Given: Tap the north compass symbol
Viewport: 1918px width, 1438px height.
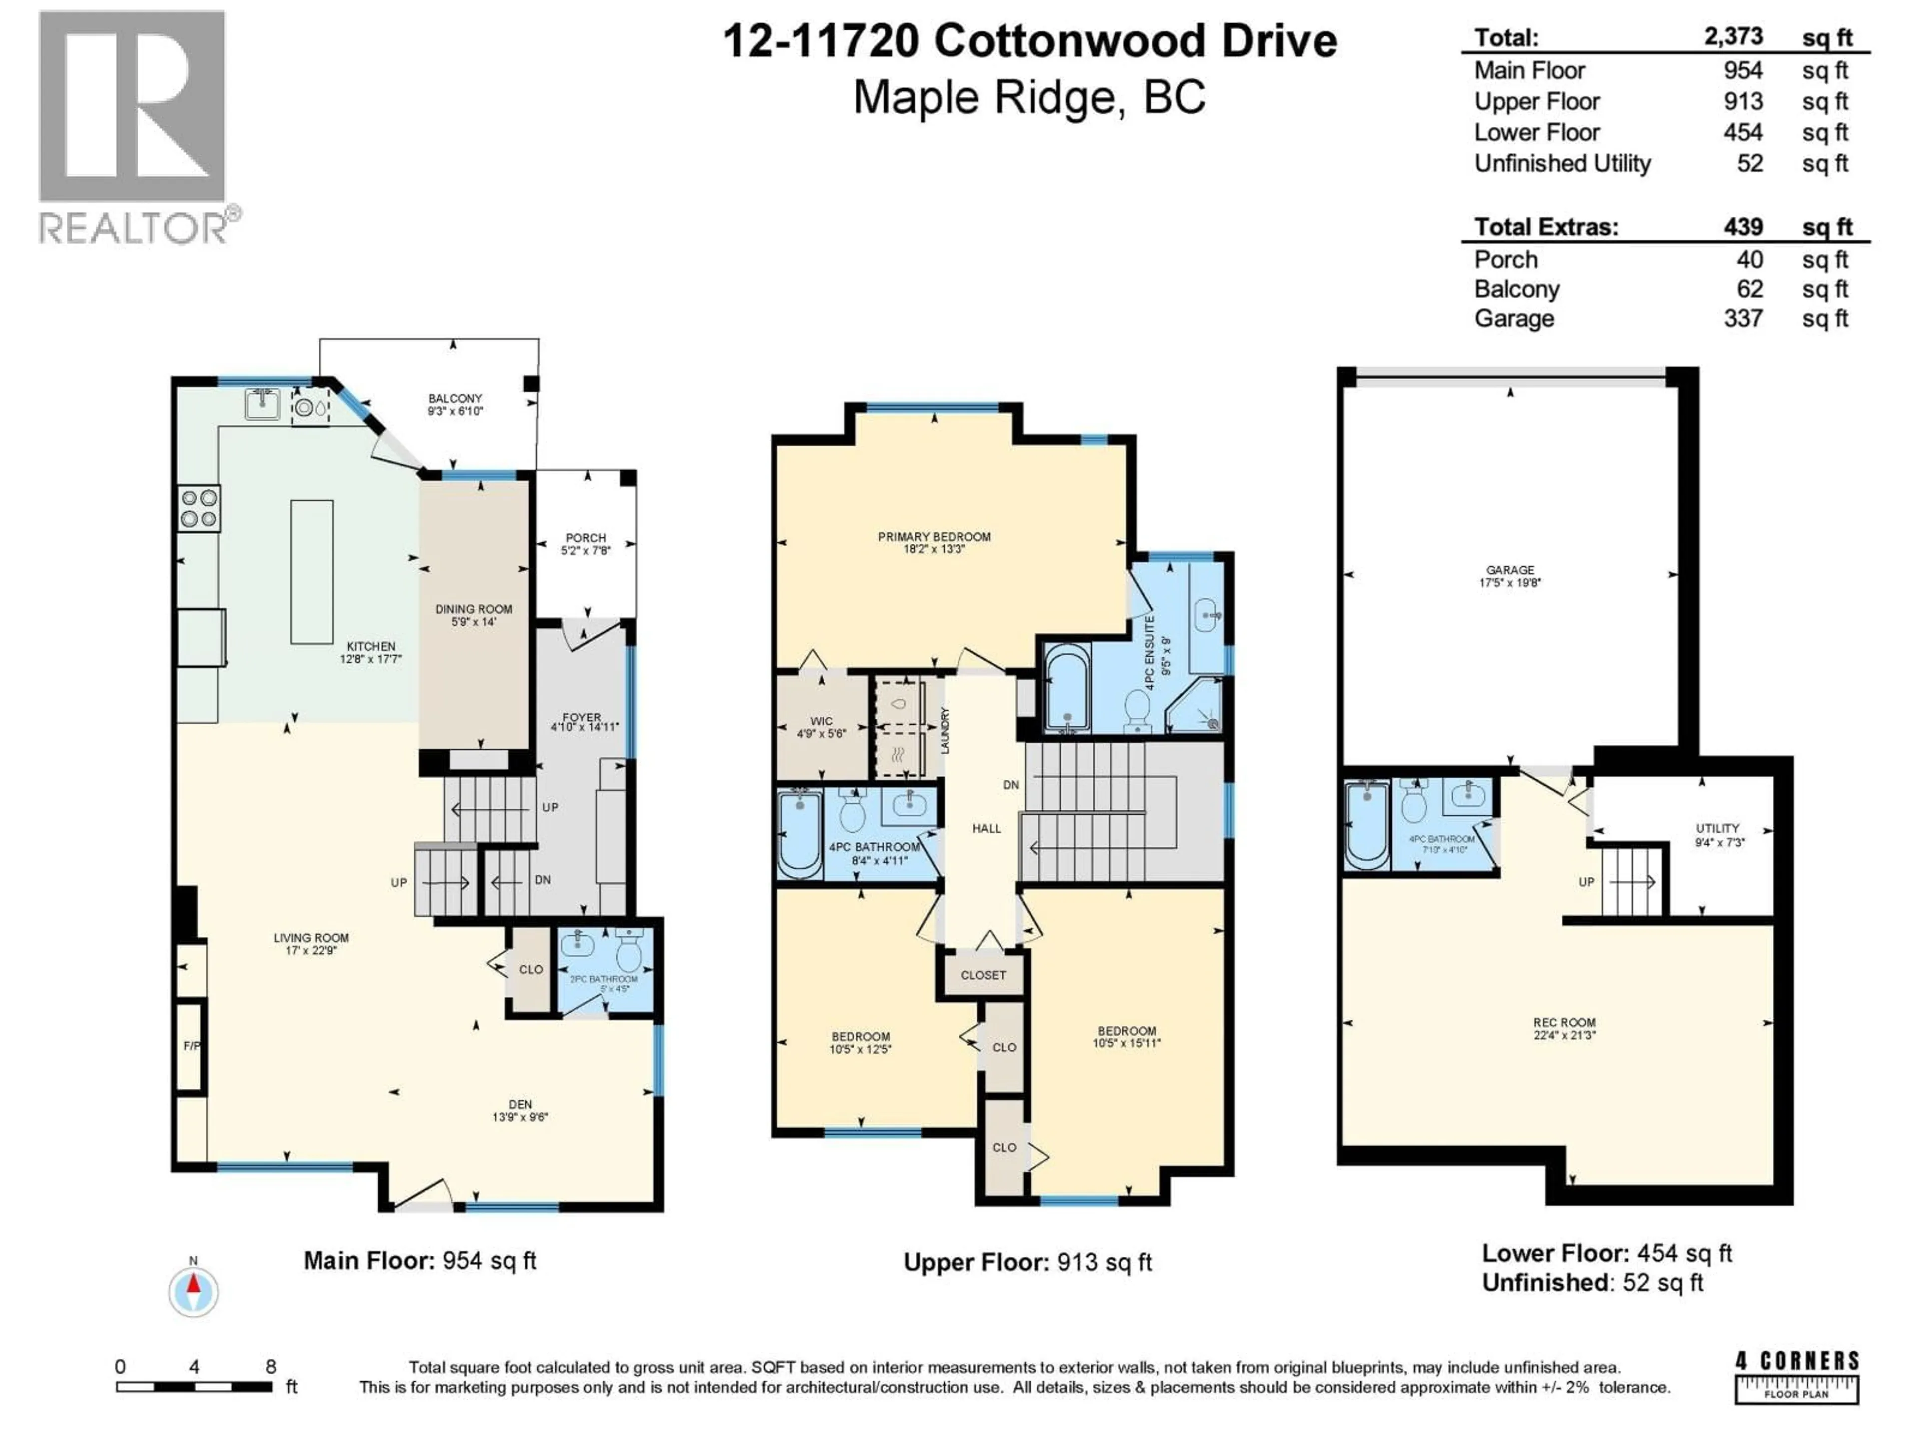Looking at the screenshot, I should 193,1292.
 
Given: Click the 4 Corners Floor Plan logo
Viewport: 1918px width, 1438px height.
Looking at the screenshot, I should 1797,1377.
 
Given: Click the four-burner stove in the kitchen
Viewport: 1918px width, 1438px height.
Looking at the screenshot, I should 199,508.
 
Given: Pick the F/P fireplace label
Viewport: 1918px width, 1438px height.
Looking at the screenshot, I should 192,1046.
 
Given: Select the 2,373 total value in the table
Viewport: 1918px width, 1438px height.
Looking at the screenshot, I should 1732,37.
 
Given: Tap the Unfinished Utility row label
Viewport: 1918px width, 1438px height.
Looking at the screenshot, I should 1562,164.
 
